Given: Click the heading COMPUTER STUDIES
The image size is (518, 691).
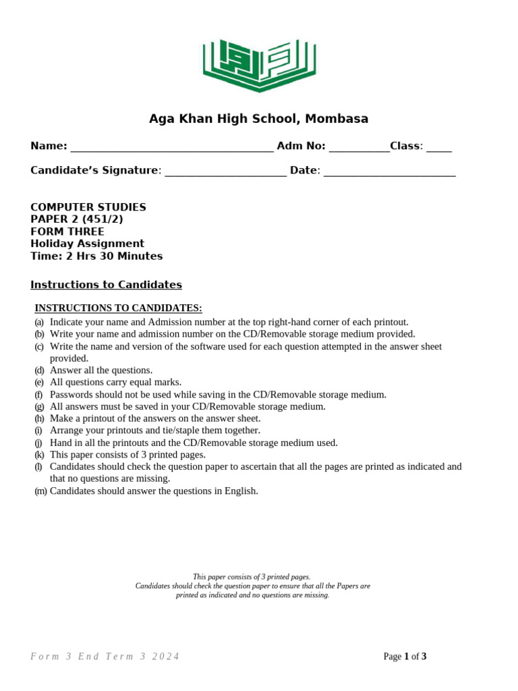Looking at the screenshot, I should pos(88,207).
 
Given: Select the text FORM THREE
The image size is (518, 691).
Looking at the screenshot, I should pos(67,231).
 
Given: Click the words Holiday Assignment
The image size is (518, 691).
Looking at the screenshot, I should pos(87,244).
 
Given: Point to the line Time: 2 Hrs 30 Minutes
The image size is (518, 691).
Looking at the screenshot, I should pos(96,256).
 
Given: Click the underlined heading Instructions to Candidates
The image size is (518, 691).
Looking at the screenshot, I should pos(106,285).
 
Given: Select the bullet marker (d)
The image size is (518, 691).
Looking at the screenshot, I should pos(40,370).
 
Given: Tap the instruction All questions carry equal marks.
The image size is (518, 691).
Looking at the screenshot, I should pos(115,383).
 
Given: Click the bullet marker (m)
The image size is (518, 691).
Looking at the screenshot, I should pos(41,491).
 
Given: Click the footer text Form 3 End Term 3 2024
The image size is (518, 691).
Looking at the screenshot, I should pos(105,657).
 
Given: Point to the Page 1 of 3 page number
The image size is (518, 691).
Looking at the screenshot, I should pos(405,657).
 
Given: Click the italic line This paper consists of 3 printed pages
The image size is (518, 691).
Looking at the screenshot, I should pos(252,577).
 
